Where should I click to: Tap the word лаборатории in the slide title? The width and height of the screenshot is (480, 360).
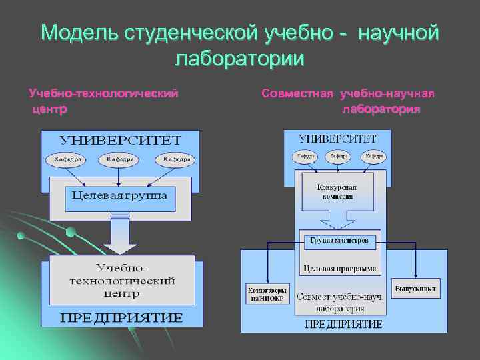pyautogui.click(x=239, y=58)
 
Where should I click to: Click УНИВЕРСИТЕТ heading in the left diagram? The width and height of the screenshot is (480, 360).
pyautogui.click(x=120, y=140)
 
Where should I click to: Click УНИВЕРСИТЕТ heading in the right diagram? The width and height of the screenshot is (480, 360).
pyautogui.click(x=337, y=139)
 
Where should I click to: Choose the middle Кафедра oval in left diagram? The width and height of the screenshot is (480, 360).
pyautogui.click(x=119, y=160)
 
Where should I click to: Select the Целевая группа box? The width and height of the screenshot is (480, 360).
pyautogui.click(x=120, y=196)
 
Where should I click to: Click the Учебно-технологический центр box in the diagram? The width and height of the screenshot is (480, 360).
pyautogui.click(x=122, y=279)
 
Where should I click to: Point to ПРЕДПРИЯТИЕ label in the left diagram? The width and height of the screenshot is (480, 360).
pyautogui.click(x=121, y=317)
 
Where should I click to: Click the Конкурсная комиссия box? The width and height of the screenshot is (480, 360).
pyautogui.click(x=337, y=192)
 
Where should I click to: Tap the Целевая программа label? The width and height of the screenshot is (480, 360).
pyautogui.click(x=339, y=269)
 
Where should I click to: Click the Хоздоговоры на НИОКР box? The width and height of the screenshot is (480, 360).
pyautogui.click(x=267, y=294)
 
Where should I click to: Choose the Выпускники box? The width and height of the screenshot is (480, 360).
pyautogui.click(x=415, y=289)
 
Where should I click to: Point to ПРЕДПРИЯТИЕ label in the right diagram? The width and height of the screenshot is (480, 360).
pyautogui.click(x=343, y=324)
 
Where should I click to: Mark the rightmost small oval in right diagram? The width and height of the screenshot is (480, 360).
pyautogui.click(x=374, y=156)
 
